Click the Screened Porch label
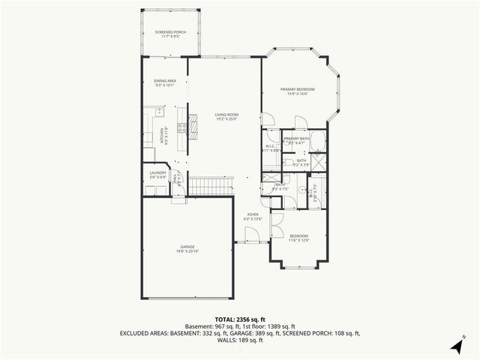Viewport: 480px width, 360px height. [170, 32]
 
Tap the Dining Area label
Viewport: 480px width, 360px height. [165, 81]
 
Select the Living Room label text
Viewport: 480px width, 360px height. [226, 114]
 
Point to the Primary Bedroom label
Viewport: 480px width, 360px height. [298, 89]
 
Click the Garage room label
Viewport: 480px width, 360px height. [187, 246]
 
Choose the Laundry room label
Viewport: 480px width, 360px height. [157, 173]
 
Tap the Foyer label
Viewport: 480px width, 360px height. [253, 214]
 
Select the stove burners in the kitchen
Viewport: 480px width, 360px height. [182, 127]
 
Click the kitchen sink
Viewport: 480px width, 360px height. [160, 112]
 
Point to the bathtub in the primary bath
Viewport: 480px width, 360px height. [319, 141]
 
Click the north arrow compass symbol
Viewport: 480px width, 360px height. [457, 345]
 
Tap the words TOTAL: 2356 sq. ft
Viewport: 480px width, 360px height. [239, 318]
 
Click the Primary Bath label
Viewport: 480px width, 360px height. [296, 138]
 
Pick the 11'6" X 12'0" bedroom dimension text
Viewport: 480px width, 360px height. [299, 241]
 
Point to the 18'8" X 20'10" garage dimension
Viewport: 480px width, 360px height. [187, 250]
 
